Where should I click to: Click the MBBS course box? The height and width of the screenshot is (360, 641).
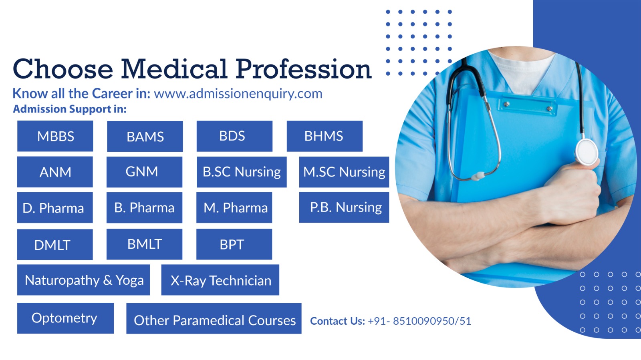click(55, 136)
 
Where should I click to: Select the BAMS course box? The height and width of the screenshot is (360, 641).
click(145, 136)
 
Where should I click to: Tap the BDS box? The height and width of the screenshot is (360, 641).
click(234, 136)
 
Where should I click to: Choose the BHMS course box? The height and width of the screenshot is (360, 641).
click(325, 136)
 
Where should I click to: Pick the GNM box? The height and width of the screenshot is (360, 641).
click(144, 172)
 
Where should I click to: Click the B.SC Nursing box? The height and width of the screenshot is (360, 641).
click(242, 172)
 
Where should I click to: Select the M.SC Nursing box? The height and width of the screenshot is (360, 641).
click(344, 172)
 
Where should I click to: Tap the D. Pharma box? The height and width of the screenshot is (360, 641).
click(54, 207)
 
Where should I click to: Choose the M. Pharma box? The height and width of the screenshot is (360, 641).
click(234, 207)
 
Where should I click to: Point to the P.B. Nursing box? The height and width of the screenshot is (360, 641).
click(344, 207)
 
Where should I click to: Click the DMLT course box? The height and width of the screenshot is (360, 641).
click(54, 245)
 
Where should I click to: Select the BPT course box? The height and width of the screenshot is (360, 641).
click(234, 244)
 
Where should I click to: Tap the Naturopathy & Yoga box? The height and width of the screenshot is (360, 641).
click(83, 280)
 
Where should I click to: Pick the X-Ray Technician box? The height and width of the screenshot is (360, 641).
click(220, 280)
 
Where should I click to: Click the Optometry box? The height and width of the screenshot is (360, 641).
click(65, 318)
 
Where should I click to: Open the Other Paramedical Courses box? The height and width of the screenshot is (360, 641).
click(214, 318)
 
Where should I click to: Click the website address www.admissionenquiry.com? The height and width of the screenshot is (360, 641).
click(238, 94)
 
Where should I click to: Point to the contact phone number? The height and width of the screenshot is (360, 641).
click(419, 321)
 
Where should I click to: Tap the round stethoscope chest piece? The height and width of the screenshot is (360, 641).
click(587, 152)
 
